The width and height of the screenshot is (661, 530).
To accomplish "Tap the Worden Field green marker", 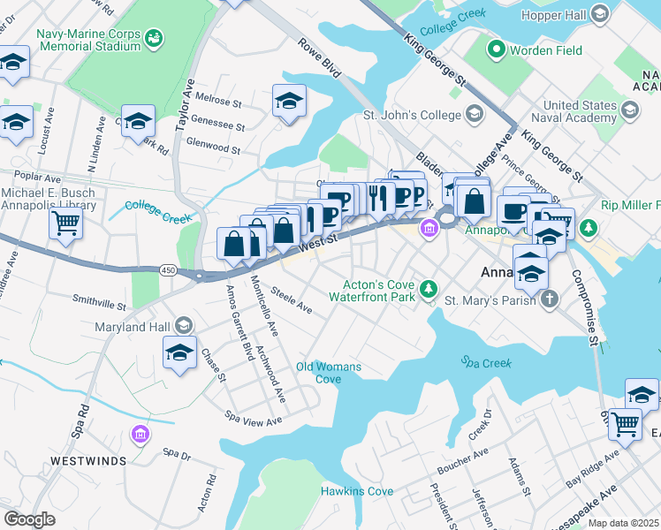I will (497, 50).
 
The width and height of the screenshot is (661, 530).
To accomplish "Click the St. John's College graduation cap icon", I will (475, 114).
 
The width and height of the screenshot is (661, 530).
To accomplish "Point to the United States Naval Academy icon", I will (629, 110).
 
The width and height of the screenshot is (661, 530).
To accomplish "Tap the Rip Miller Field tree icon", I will (589, 229).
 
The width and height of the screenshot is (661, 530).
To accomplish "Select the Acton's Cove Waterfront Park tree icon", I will (429, 288).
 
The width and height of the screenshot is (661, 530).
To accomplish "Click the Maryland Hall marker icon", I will (183, 325).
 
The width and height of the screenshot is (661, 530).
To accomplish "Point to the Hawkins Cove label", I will (356, 491).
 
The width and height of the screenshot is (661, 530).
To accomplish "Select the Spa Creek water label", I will (483, 361).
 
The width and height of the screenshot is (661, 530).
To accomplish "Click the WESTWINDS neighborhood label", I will (87, 460).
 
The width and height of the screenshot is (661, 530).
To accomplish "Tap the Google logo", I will (30, 519).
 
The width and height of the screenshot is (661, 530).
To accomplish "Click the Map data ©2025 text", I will (623, 523).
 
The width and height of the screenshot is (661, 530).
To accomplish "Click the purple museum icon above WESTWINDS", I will (140, 434).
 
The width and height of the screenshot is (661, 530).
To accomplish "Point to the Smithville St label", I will (99, 303).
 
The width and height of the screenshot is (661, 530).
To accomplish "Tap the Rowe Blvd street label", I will (319, 58).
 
